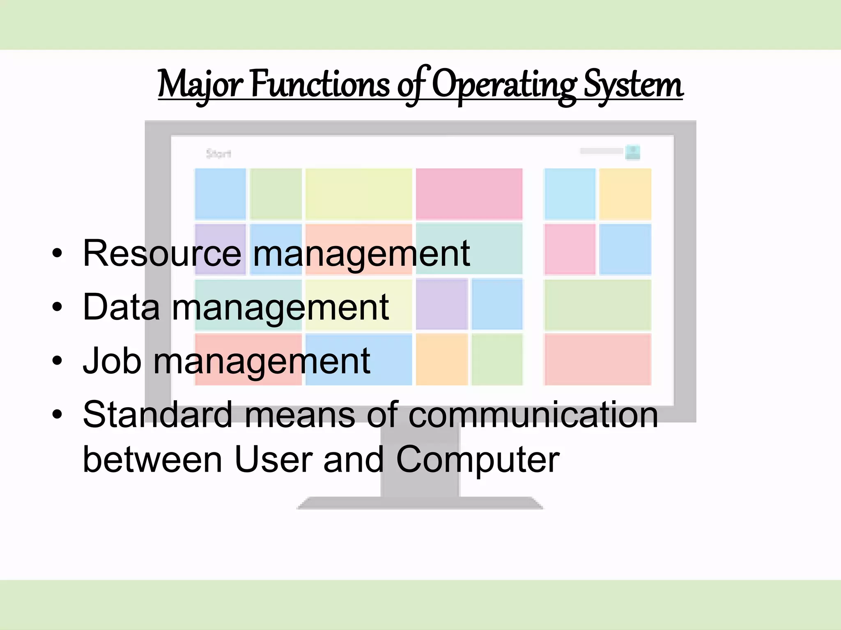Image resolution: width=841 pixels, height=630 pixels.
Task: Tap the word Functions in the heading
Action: (320, 84)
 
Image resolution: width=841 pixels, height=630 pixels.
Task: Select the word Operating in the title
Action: (504, 84)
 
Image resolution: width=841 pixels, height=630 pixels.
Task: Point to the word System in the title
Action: (633, 84)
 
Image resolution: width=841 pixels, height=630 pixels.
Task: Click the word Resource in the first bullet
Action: (162, 253)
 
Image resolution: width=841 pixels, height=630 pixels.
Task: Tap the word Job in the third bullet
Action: (112, 361)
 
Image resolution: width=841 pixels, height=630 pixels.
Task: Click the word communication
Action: (533, 415)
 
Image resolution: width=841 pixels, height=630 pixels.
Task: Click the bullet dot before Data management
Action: (57, 307)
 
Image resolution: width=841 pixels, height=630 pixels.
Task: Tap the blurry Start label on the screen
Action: (218, 154)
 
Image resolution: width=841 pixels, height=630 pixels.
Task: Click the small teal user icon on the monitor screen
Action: (632, 152)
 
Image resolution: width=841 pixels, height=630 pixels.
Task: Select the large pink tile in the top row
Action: (469, 194)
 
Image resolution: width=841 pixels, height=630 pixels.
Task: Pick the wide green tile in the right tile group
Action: (597, 305)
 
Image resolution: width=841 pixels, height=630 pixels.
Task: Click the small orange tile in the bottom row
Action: (442, 359)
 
